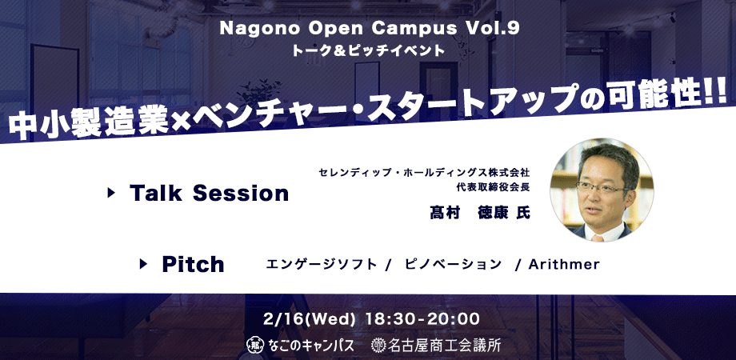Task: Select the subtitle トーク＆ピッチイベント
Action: (368, 50)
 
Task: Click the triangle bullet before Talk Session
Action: (111, 193)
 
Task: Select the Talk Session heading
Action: (209, 193)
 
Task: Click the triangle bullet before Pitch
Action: (143, 264)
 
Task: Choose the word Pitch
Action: (193, 264)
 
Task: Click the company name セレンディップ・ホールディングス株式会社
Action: (424, 172)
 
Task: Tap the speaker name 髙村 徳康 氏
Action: (480, 213)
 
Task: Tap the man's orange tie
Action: (598, 238)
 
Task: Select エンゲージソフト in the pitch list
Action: (322, 264)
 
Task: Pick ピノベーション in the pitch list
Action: (453, 264)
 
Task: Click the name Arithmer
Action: (564, 264)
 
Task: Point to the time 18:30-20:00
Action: (422, 319)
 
